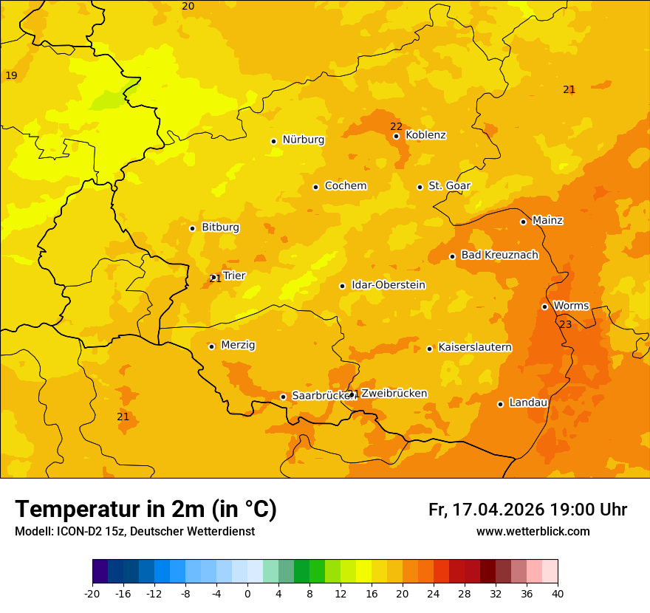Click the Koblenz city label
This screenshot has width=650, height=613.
[425, 135]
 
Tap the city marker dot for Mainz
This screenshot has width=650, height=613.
[523, 222]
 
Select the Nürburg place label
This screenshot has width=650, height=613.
[303, 140]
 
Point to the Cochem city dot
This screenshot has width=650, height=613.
[315, 187]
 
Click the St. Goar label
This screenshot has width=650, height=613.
[449, 186]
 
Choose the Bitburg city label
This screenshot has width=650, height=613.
[220, 227]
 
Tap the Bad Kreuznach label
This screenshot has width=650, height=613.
[499, 255]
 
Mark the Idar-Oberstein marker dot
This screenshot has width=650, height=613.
[342, 286]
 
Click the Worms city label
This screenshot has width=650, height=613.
[571, 306]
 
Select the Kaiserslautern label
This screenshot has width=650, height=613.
[475, 347]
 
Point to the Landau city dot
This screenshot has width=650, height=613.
[500, 404]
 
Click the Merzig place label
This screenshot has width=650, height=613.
[238, 345]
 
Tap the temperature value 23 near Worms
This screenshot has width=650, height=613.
[566, 324]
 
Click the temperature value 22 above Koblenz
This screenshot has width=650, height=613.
[396, 126]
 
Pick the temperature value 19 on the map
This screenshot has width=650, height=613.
[11, 76]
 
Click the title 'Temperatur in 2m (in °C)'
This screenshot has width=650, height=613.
[146, 510]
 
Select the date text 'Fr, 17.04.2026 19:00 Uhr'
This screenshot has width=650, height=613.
[527, 510]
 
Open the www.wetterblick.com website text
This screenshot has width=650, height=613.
[533, 532]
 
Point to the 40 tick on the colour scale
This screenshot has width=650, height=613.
[558, 593]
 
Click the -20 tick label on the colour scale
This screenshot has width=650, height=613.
[92, 593]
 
